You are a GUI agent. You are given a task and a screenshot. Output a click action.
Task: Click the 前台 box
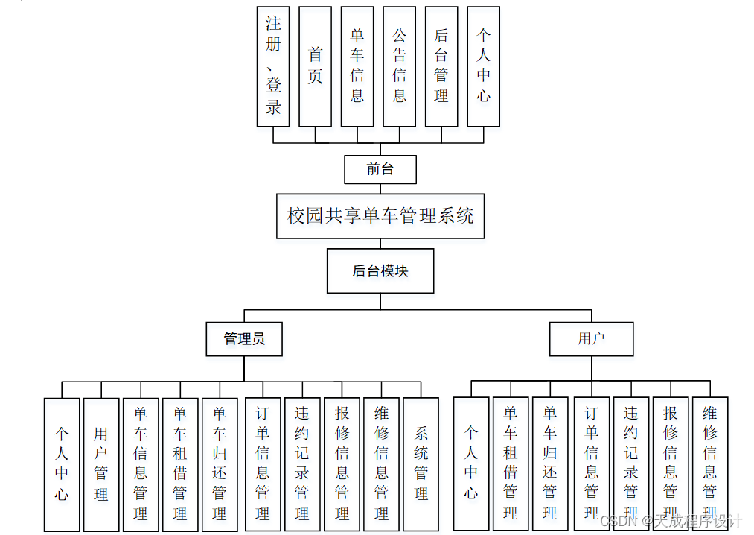[380, 169]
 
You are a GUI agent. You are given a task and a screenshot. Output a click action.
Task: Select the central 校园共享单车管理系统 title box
[380, 216]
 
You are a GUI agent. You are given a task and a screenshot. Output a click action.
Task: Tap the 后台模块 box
[380, 271]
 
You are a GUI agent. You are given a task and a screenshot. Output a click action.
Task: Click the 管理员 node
[244, 339]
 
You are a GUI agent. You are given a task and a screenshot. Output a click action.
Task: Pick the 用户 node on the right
[591, 339]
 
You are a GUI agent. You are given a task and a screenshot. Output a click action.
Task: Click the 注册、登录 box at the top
[273, 66]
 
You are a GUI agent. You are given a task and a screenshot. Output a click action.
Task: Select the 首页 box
[315, 66]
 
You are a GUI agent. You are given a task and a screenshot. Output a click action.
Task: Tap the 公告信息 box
[400, 66]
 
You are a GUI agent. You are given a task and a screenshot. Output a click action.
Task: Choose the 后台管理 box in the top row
[441, 66]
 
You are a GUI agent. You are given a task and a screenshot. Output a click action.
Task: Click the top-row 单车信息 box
[357, 66]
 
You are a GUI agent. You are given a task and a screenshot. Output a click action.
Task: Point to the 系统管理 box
[421, 463]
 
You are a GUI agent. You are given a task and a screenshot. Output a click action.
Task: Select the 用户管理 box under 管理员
[101, 463]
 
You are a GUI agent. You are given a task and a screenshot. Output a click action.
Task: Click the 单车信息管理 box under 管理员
[141, 463]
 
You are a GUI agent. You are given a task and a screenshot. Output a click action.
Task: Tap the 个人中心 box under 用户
[471, 463]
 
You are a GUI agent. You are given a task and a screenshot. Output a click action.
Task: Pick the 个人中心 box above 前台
[484, 66]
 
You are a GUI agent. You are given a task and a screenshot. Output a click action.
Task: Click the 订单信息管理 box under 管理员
[263, 463]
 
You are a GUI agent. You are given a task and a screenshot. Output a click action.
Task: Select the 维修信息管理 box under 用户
[710, 463]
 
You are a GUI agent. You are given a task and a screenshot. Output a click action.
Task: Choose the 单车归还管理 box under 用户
[550, 463]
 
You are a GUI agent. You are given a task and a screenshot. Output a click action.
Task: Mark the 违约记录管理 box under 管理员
[302, 463]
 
